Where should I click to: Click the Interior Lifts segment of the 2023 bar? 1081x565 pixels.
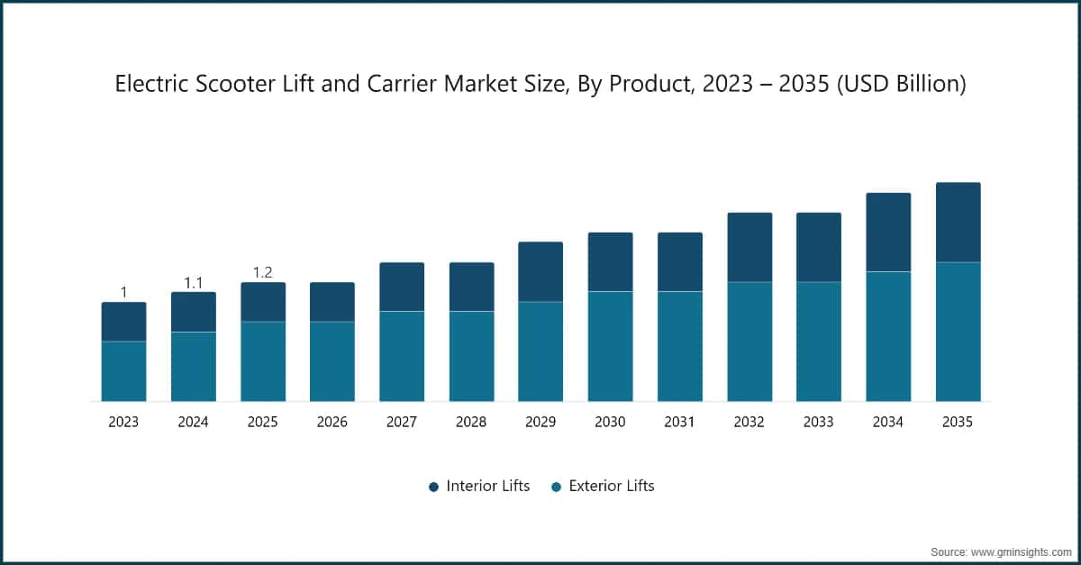click(x=123, y=322)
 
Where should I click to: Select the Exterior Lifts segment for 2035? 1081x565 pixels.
click(x=958, y=332)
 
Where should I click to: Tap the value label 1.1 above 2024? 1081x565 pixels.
click(x=194, y=283)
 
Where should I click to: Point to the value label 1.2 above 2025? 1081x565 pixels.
click(x=263, y=273)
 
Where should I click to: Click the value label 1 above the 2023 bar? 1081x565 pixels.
click(x=123, y=292)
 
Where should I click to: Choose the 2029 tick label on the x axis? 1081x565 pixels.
click(x=540, y=422)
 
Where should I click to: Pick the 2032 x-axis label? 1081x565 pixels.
click(x=749, y=422)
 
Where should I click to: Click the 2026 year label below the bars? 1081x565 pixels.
click(x=332, y=422)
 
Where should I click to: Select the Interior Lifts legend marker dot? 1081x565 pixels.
click(x=433, y=487)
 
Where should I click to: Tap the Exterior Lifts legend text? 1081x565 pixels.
click(x=612, y=486)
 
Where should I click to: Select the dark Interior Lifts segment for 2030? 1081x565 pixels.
click(x=611, y=261)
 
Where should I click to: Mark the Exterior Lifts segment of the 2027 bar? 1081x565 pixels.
click(x=402, y=356)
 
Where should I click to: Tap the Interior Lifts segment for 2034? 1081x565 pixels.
click(x=888, y=232)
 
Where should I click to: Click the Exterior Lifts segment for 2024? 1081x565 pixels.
click(x=194, y=367)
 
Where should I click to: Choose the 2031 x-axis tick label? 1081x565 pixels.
click(x=680, y=422)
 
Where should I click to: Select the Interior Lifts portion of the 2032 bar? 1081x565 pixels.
click(x=749, y=247)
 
